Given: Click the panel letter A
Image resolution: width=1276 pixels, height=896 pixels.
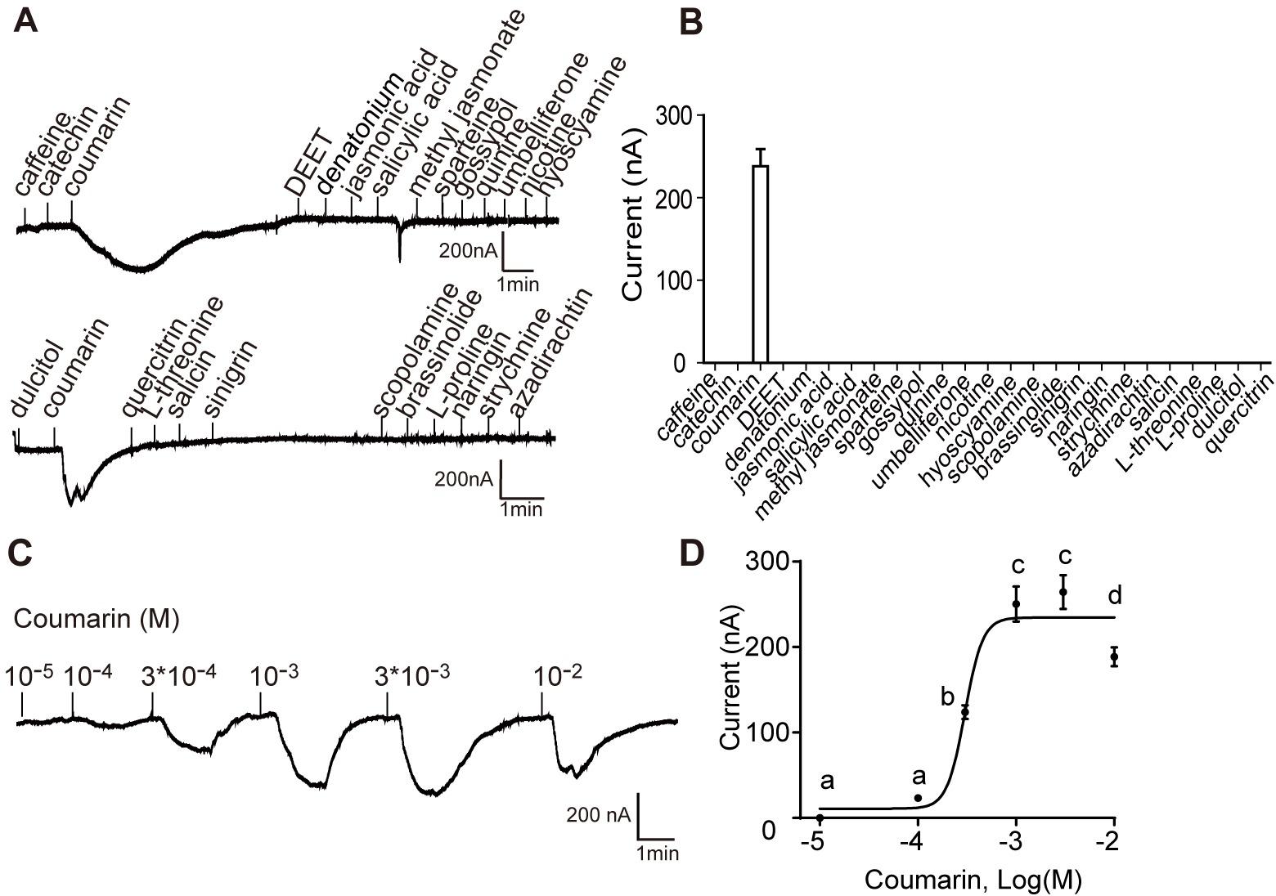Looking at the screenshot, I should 26,20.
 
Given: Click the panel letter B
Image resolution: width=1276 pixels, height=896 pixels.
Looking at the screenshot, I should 691,20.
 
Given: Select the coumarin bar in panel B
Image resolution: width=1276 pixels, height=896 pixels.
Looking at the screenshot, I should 761,263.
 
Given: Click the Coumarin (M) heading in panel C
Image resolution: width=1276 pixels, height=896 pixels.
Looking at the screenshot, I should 97,619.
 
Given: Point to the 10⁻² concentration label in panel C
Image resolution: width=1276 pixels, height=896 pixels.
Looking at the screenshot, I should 558,677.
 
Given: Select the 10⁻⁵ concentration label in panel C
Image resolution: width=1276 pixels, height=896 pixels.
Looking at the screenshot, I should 29,678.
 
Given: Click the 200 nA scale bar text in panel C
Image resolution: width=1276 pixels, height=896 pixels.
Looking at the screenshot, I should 598,814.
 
